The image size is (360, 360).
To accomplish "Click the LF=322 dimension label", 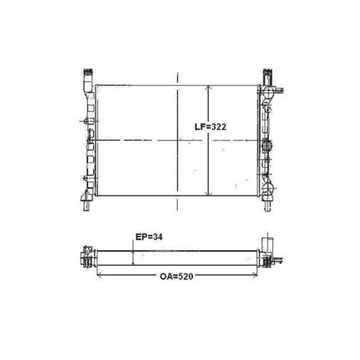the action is pos(211,127).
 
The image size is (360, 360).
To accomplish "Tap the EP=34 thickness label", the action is pos(149,237).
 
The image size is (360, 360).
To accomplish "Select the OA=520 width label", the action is pos(177,276).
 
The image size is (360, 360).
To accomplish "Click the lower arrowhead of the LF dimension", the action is pos(208,193).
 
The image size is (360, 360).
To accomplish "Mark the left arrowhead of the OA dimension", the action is pos(99,275).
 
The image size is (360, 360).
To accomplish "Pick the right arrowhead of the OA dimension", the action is pos(254,275).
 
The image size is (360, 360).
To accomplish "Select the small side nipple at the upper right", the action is pos(279,91).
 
